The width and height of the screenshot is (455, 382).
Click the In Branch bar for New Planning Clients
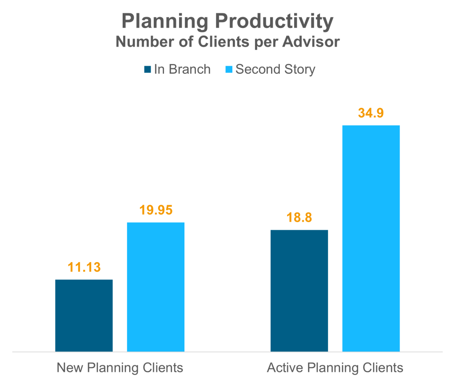tap(84, 315)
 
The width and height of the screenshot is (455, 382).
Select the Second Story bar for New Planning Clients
tap(156, 287)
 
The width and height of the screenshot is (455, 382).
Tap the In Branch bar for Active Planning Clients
tap(299, 290)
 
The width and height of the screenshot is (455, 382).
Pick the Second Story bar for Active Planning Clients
tap(371, 238)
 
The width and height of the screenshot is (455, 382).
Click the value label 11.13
tap(84, 267)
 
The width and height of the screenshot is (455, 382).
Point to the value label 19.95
tap(156, 210)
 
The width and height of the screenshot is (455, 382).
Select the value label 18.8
tap(299, 218)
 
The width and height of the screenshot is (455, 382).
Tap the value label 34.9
tap(371, 113)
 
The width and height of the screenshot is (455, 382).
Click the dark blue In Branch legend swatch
tap(148, 70)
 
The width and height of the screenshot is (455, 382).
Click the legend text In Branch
tap(182, 70)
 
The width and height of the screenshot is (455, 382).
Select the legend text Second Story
tap(275, 70)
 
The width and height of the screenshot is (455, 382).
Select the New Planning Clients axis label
tap(120, 368)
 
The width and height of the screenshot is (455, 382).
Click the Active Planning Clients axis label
tap(335, 368)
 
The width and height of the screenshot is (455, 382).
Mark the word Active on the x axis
tap(282, 368)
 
